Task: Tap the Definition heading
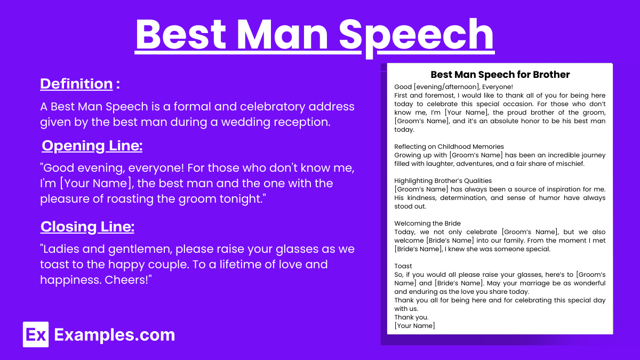coord(76,84)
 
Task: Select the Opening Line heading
coord(92,146)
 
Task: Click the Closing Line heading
coord(87,227)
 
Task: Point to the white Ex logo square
coord(36,334)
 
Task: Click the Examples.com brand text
coord(115,335)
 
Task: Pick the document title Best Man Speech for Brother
coord(500,75)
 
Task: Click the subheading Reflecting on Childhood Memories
coord(449,147)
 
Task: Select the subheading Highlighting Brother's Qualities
coord(443,181)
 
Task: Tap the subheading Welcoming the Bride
coord(427,223)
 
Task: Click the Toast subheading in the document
coord(403,266)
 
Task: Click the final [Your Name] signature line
coord(414,326)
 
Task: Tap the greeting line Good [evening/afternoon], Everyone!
coord(453,87)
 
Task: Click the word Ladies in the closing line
coord(61,249)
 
